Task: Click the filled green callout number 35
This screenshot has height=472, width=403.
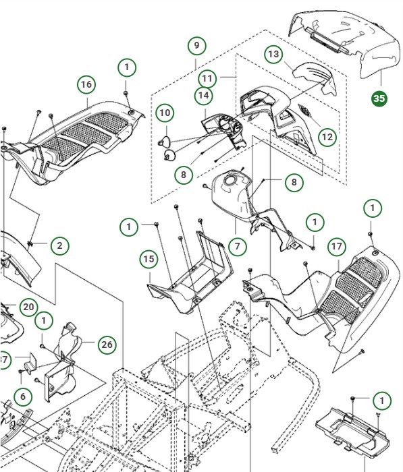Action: pos(379,98)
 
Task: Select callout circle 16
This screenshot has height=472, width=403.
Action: pos(86,84)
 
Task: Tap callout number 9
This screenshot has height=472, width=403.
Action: pos(196,46)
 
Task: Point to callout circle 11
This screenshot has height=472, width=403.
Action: pos(207,78)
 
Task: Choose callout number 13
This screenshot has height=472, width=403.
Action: pos(273,54)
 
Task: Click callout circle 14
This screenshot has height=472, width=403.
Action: pos(204,96)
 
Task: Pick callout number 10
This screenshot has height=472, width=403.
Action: pos(165,113)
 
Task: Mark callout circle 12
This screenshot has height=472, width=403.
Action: pos(327,138)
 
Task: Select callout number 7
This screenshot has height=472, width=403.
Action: pos(237,247)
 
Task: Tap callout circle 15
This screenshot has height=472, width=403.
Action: pos(149,259)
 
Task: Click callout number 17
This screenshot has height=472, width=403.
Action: pos(337,247)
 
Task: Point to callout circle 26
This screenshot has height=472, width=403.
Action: pos(107,345)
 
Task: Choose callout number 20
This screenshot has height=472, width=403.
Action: pos(28,307)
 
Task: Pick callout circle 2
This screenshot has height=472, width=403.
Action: pos(59,245)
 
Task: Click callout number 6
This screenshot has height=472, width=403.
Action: pos(22,397)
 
